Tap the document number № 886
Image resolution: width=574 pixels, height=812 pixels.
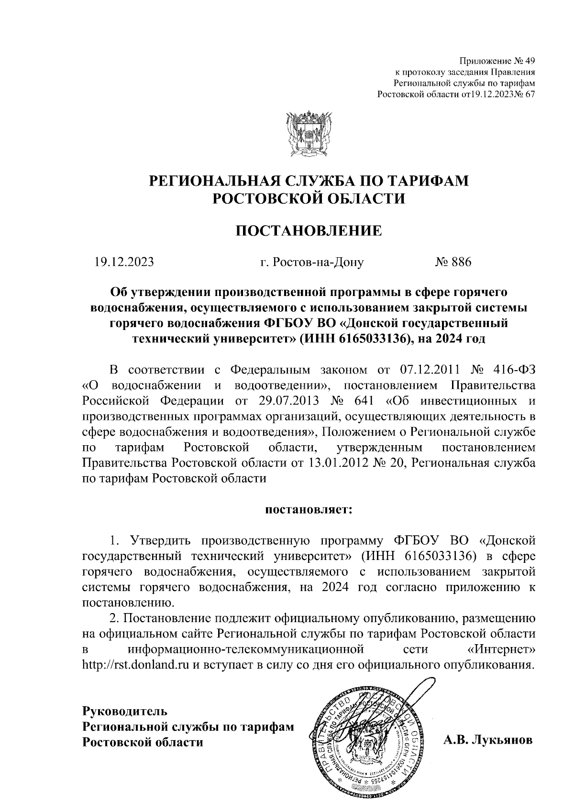pyautogui.click(x=453, y=262)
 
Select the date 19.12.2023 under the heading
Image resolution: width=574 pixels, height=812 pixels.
pyautogui.click(x=124, y=262)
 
